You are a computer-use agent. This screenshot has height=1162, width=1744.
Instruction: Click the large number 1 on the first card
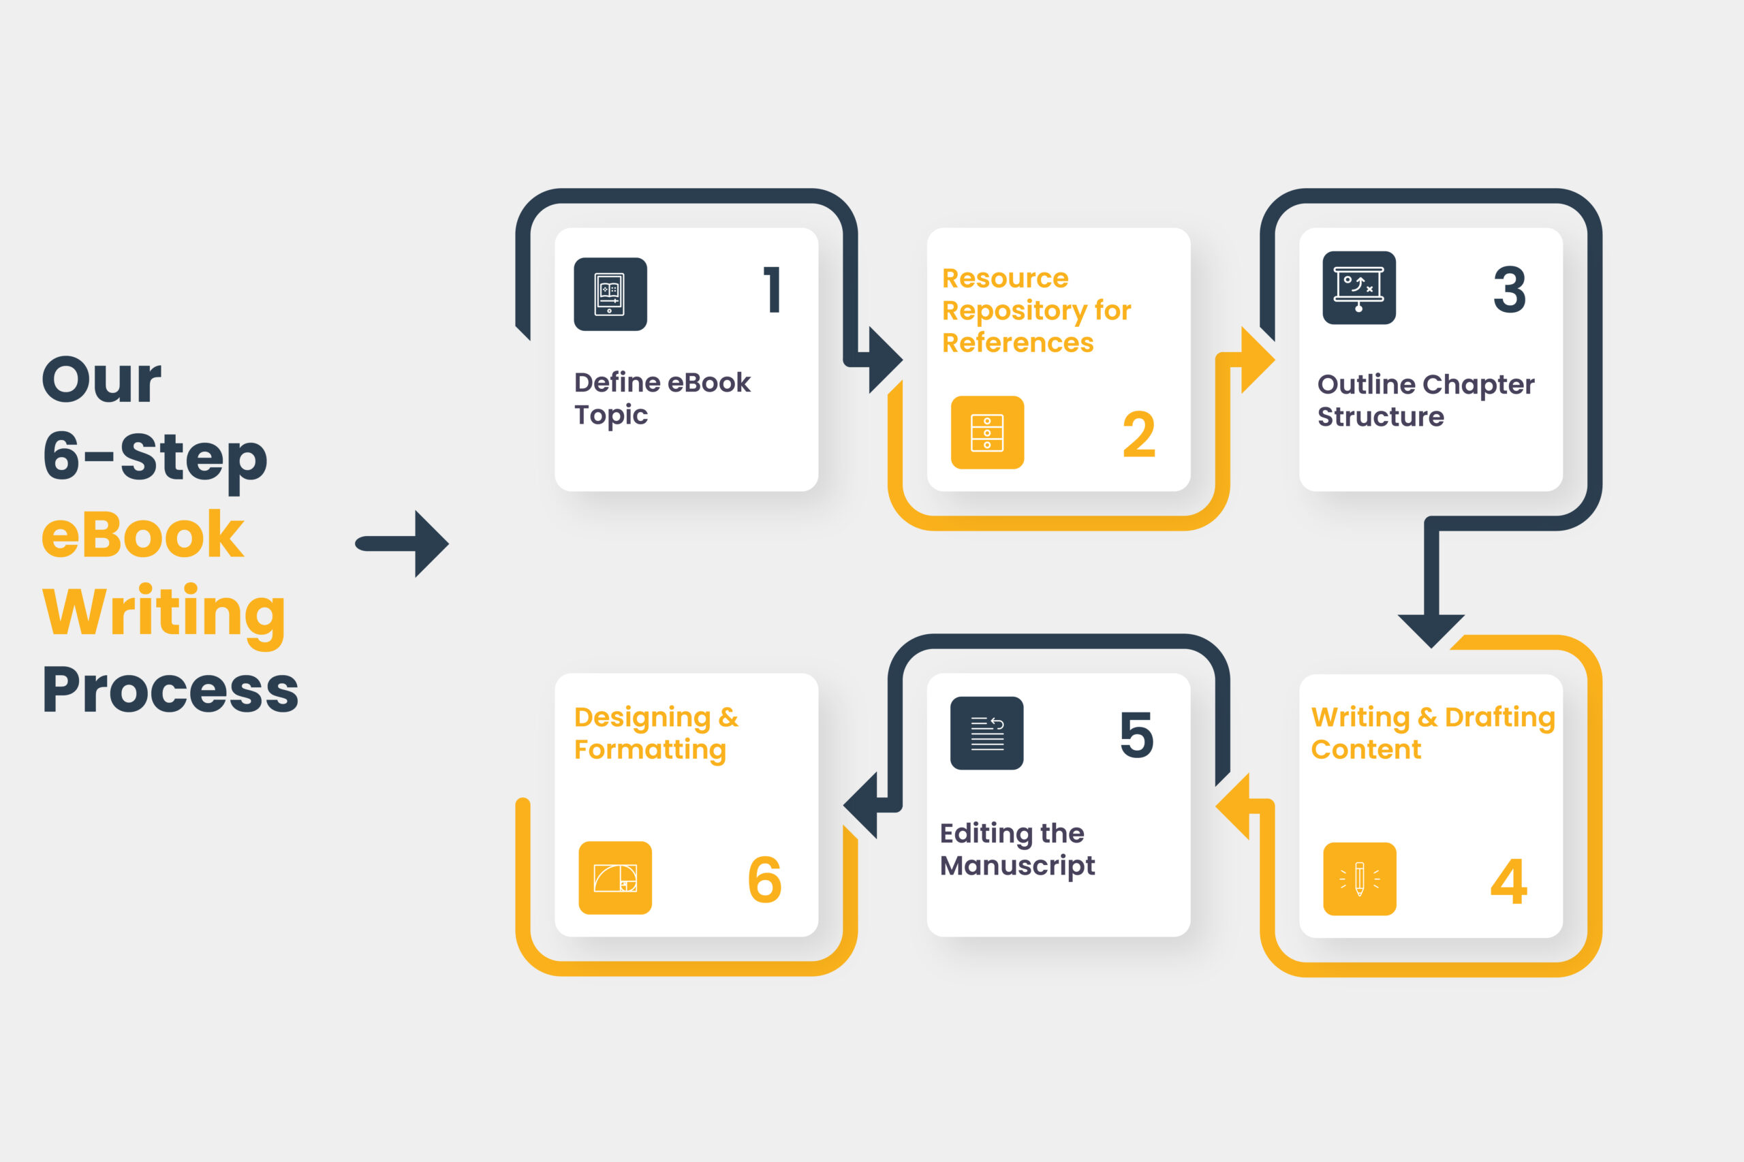773,289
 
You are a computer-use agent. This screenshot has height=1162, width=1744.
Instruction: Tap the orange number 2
1138,435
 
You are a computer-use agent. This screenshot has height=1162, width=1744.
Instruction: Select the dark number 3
1509,289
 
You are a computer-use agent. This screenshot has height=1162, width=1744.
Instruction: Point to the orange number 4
1508,882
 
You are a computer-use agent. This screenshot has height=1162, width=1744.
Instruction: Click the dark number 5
1136,734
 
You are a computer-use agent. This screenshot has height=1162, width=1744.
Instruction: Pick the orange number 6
764,879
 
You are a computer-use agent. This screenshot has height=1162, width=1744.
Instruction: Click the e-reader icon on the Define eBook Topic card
610,294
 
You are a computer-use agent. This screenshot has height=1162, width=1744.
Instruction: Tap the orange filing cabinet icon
987,432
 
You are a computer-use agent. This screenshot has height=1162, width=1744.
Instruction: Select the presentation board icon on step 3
1358,287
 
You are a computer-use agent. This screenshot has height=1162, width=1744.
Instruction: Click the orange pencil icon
1359,879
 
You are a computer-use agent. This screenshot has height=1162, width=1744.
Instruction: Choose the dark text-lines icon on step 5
986,733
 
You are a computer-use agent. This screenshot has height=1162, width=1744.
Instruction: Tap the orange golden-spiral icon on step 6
615,877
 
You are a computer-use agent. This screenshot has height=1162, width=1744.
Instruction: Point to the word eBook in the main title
142,535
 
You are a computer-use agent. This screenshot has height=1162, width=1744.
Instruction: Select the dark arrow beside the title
402,544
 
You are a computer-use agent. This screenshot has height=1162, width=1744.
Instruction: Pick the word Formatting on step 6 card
650,751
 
